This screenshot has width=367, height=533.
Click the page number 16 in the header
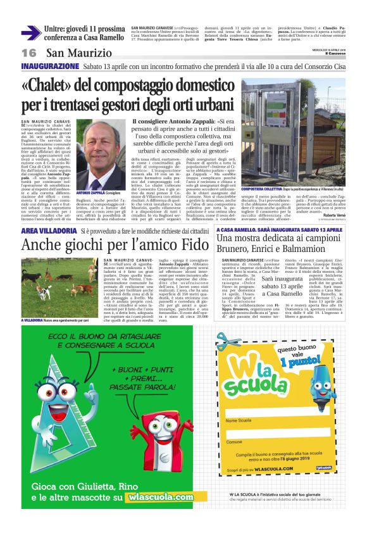point(28,53)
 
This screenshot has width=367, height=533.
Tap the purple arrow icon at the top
point(31,32)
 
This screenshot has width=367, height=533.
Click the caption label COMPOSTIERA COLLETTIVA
point(261,189)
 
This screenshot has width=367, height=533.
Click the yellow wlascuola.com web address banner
point(158,497)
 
